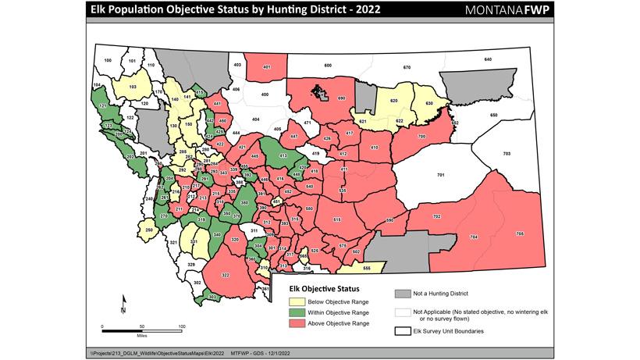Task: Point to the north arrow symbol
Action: click(x=123, y=305)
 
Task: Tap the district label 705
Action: click(x=520, y=233)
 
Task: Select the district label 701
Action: click(x=440, y=176)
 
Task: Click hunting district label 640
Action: click(x=488, y=60)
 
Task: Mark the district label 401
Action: click(x=266, y=67)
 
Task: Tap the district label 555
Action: click(x=366, y=268)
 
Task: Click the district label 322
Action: click(x=226, y=276)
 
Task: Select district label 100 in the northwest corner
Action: click(x=108, y=60)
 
